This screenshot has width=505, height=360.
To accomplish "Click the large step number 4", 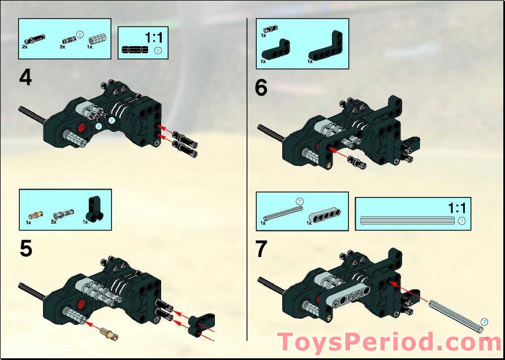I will (x=25, y=77).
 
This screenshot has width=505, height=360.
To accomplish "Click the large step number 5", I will (x=25, y=249).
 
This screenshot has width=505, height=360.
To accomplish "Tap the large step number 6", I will (x=261, y=88).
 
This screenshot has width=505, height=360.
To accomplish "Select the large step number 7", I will (x=261, y=250).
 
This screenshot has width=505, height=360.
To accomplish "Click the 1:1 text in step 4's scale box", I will (x=153, y=38).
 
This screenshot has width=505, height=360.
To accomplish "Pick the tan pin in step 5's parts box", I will (x=36, y=214).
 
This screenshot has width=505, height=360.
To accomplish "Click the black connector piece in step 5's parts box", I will (x=92, y=209).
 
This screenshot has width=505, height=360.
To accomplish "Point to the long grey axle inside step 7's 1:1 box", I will (x=407, y=220).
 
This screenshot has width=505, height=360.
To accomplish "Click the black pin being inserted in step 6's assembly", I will (x=356, y=162).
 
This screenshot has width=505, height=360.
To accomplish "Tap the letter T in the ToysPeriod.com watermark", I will (x=287, y=342).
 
